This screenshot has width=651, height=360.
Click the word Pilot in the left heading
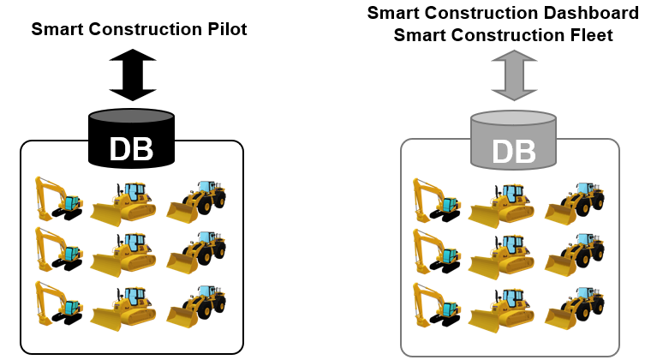click(227, 29)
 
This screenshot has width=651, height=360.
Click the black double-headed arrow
click(133, 75)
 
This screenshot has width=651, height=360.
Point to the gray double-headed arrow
click(514, 75)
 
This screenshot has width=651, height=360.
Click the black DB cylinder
click(131, 138)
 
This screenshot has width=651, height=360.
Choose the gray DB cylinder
click(513, 140)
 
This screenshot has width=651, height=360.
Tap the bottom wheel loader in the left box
click(196, 306)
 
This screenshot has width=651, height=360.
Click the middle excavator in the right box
click(437, 251)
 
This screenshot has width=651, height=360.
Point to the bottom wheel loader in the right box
click(575, 308)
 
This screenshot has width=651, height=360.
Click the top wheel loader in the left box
click(196, 201)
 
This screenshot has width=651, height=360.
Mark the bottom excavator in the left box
click(58, 303)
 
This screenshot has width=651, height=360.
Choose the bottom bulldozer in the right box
click(501, 310)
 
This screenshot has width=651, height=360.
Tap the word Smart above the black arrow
click(57, 29)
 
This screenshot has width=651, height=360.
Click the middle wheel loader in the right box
click(575, 255)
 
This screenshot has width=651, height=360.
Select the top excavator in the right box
click(437, 201)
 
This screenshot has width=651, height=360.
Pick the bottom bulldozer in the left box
click(122, 309)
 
